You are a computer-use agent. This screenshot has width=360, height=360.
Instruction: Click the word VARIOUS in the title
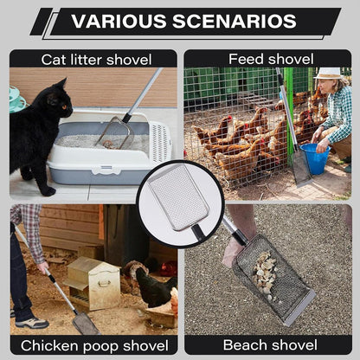tap(117, 22)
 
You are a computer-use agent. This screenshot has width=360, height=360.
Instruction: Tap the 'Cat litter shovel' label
tap(96, 60)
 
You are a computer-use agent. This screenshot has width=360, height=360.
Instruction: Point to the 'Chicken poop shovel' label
tap(94, 345)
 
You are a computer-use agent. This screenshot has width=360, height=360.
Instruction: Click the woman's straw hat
tap(328, 74)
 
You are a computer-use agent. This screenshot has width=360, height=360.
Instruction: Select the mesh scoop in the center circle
tap(177, 200)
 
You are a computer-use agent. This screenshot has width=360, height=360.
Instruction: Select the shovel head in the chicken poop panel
tap(86, 323)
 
